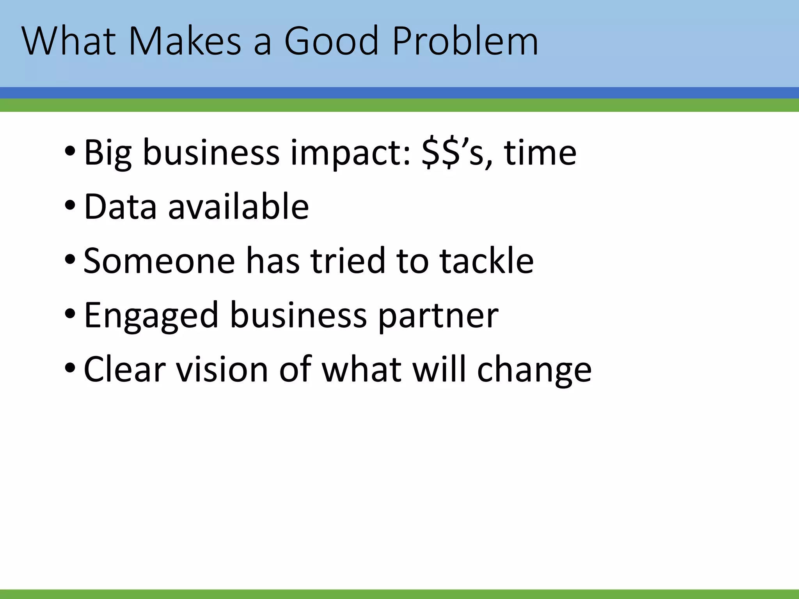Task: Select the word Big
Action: (x=108, y=153)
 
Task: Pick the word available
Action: (x=238, y=206)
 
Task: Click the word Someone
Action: (x=159, y=261)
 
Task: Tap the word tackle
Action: (x=487, y=261)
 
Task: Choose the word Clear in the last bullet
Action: (x=125, y=369)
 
